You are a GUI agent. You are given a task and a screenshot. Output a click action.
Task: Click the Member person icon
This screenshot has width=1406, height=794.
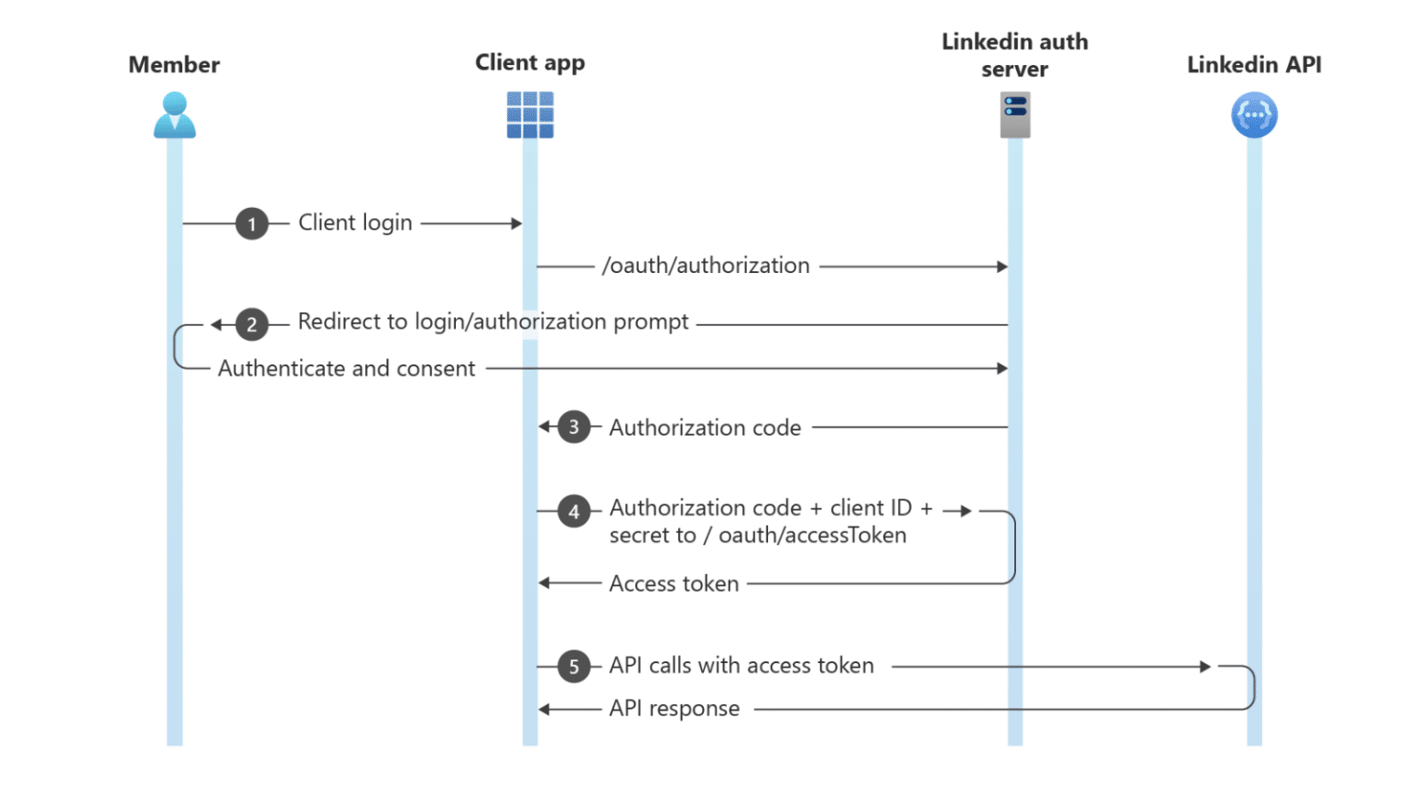click(174, 115)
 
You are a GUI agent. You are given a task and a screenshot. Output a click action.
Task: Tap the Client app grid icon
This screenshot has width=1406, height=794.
click(530, 115)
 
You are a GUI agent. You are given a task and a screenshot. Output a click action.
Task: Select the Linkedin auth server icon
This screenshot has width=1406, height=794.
click(1014, 116)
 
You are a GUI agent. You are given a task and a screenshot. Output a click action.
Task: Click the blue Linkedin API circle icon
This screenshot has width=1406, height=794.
click(1253, 115)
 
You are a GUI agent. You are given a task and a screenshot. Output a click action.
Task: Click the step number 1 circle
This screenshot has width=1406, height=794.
click(252, 223)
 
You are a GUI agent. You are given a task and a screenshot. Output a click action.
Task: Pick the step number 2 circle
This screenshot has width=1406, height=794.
click(252, 324)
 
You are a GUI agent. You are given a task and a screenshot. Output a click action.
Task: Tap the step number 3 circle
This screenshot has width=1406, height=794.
click(574, 427)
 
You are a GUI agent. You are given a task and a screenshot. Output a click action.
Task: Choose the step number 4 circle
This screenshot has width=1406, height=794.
click(574, 511)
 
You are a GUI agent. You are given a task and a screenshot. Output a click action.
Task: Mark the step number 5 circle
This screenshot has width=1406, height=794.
click(574, 667)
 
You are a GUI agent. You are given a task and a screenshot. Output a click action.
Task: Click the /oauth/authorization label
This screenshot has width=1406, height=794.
click(706, 266)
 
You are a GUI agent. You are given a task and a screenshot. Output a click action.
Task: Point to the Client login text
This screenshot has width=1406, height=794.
click(355, 223)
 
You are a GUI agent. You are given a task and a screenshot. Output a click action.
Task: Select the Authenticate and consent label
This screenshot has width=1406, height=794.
click(346, 368)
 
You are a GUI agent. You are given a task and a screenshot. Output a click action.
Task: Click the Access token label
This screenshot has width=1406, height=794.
click(674, 583)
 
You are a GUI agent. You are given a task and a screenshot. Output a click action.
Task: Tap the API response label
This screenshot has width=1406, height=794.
click(674, 708)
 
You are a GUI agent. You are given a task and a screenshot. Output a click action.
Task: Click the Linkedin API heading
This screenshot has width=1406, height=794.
click(1253, 65)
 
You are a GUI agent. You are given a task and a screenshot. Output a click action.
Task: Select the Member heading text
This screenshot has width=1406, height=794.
click(174, 65)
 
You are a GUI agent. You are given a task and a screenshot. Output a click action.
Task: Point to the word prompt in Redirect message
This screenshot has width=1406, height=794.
click(651, 322)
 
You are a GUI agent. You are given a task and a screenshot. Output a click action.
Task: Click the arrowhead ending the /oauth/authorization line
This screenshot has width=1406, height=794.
click(1002, 266)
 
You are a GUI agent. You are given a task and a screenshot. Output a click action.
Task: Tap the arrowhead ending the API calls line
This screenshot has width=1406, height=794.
click(1206, 667)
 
